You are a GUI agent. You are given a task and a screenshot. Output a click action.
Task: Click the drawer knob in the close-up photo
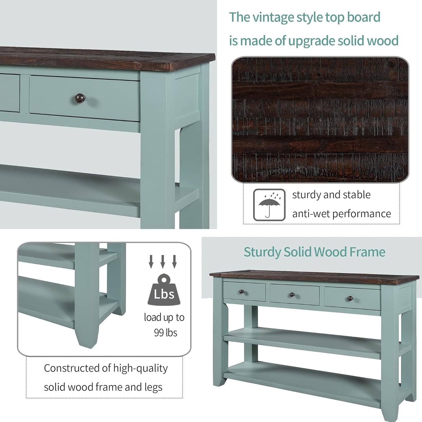click(80, 99)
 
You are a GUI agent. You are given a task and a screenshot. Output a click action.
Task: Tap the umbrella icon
click(269, 205)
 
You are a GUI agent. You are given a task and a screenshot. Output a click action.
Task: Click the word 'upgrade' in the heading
click(312, 41)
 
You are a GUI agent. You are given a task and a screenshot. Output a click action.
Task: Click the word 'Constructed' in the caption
click(72, 368)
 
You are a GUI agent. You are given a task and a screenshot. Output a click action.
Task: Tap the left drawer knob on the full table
click(242, 292)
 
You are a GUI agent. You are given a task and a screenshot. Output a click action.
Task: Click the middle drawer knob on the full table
click(292, 295)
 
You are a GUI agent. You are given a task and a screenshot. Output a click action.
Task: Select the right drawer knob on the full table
click(350, 298)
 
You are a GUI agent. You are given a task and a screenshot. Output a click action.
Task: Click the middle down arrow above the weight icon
click(162, 261)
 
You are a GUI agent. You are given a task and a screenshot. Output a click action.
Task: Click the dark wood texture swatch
click(320, 119)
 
